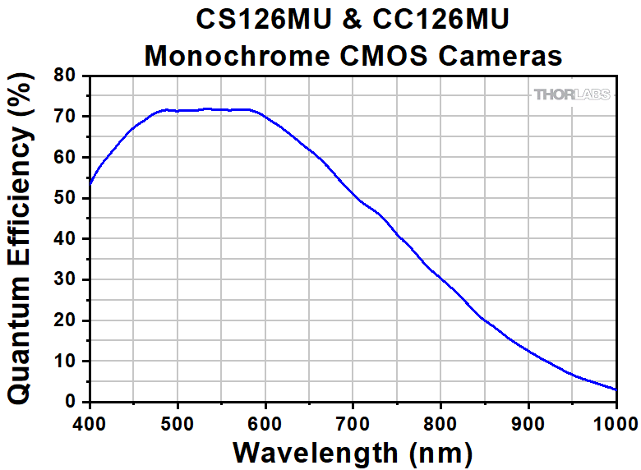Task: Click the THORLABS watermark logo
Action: coord(572,94)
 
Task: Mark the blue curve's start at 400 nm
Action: coord(90,182)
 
